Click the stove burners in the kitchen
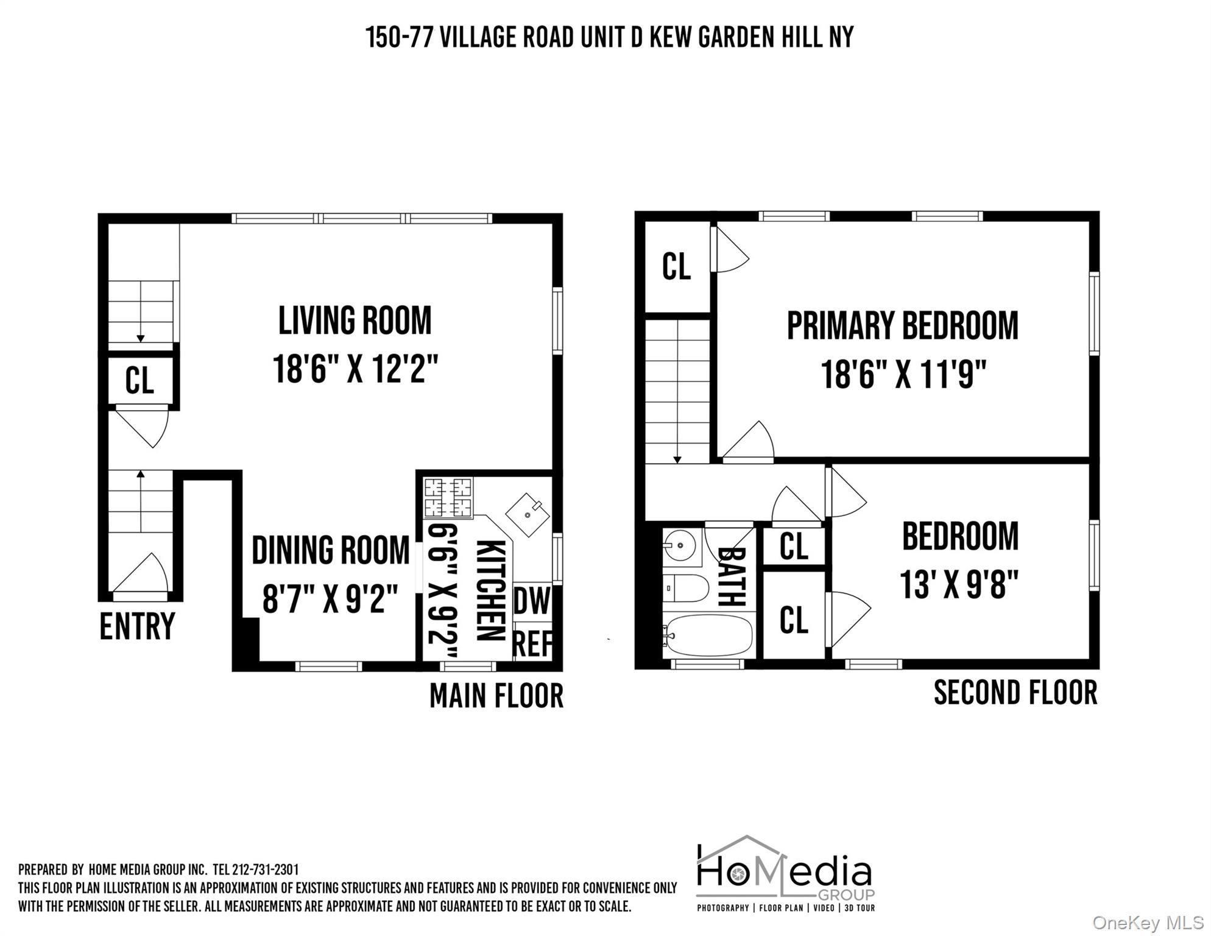point(448,497)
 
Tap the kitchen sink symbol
point(528,515)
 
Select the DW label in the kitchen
point(531,601)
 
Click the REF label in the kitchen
point(532,643)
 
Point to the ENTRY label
point(137,626)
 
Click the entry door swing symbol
point(146,573)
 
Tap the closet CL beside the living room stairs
point(139,381)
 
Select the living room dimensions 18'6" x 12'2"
point(355,369)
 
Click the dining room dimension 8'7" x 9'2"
point(330,599)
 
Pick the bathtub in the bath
point(708,635)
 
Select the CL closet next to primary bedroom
point(676,267)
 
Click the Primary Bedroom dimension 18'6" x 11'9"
point(903,374)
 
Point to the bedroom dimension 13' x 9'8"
point(959,584)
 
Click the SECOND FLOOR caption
point(1015,693)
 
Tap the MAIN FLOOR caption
point(496,695)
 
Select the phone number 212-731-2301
point(266,870)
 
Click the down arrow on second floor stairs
point(677,458)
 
